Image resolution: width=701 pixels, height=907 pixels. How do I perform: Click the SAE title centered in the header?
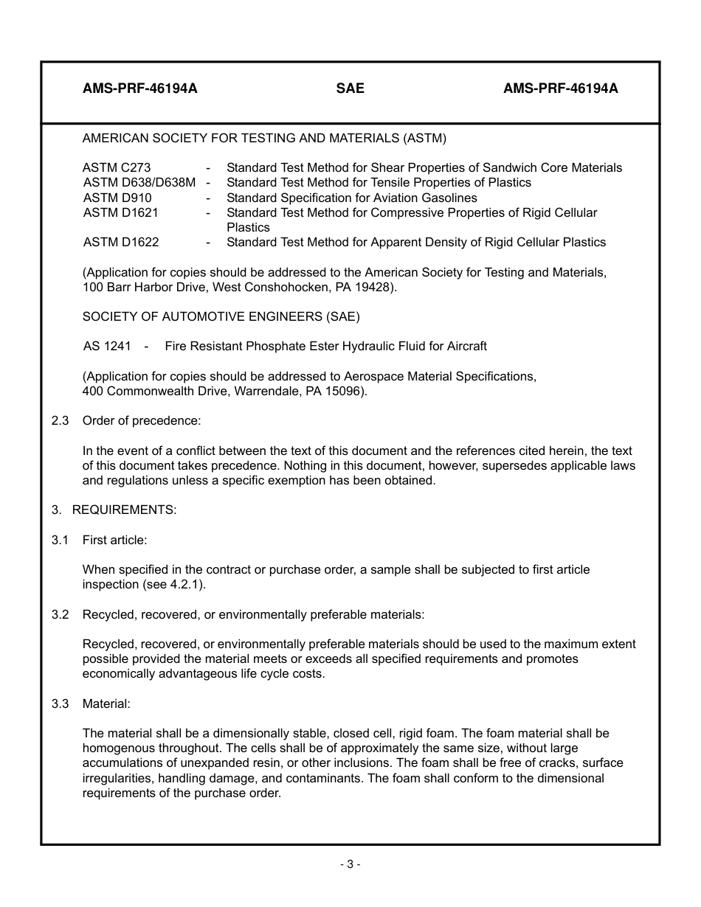click(350, 88)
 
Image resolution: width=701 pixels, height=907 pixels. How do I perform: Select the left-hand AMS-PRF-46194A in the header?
click(140, 88)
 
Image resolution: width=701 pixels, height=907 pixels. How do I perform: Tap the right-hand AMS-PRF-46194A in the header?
click(561, 88)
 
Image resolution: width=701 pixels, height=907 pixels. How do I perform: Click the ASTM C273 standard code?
click(117, 168)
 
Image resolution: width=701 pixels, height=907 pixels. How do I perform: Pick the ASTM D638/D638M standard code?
click(139, 183)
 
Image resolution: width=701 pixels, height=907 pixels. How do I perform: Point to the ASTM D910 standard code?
click(117, 198)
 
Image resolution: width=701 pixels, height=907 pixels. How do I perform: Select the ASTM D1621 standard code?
click(120, 212)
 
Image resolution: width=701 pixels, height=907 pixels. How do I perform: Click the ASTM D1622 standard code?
click(120, 242)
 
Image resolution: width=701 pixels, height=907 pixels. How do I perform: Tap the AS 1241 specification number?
click(107, 347)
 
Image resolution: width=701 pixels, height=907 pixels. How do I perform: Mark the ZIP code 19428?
click(377, 288)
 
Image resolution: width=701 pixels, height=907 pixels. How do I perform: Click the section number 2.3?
click(60, 421)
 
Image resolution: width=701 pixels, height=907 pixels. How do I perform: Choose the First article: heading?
click(114, 540)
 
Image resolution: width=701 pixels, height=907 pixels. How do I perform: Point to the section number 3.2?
click(60, 614)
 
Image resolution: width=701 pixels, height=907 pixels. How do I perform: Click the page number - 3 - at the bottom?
click(350, 864)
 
